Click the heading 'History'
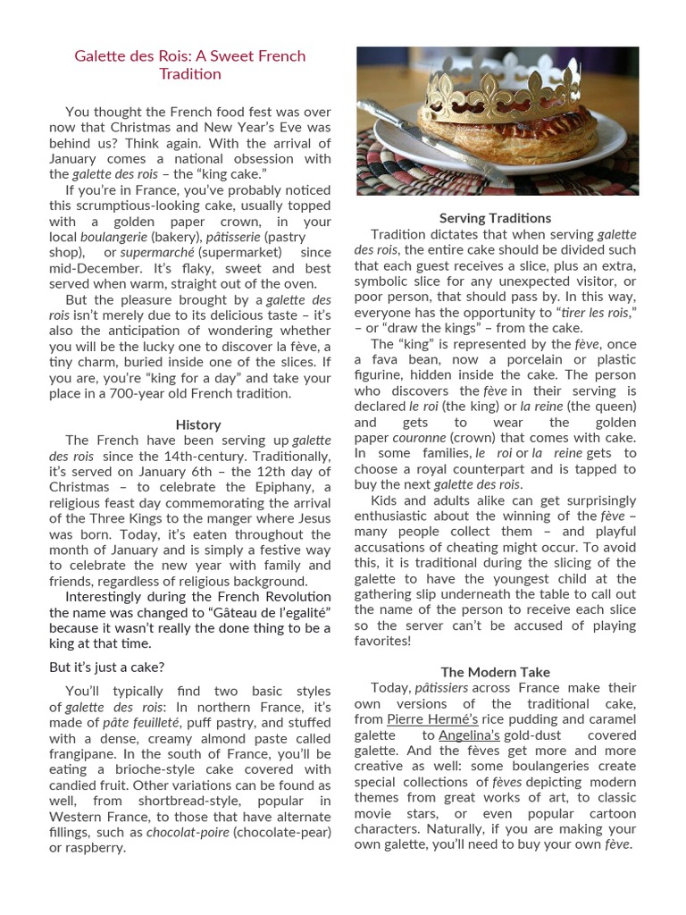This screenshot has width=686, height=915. pyautogui.click(x=197, y=424)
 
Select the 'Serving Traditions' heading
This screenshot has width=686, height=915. pyautogui.click(x=495, y=218)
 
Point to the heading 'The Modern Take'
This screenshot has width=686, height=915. pyautogui.click(x=495, y=672)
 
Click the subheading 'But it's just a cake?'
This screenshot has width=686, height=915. pyautogui.click(x=106, y=667)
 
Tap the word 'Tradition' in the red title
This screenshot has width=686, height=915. pyautogui.click(x=189, y=74)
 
